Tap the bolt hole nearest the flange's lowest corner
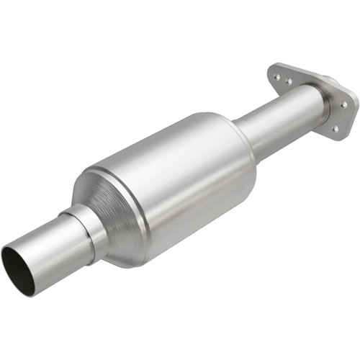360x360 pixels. (335, 129)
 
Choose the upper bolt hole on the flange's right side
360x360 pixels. (343, 104)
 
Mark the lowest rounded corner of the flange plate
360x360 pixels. (336, 137)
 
